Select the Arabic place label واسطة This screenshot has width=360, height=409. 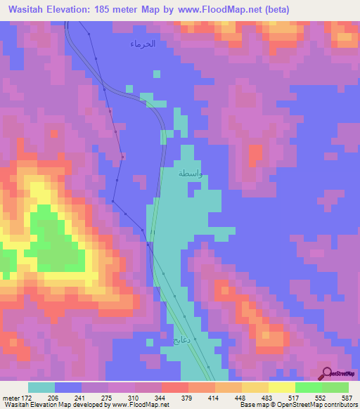click(x=191, y=173)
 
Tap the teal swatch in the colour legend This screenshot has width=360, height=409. click(x=41, y=387)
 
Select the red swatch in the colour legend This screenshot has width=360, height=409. click(x=174, y=387)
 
